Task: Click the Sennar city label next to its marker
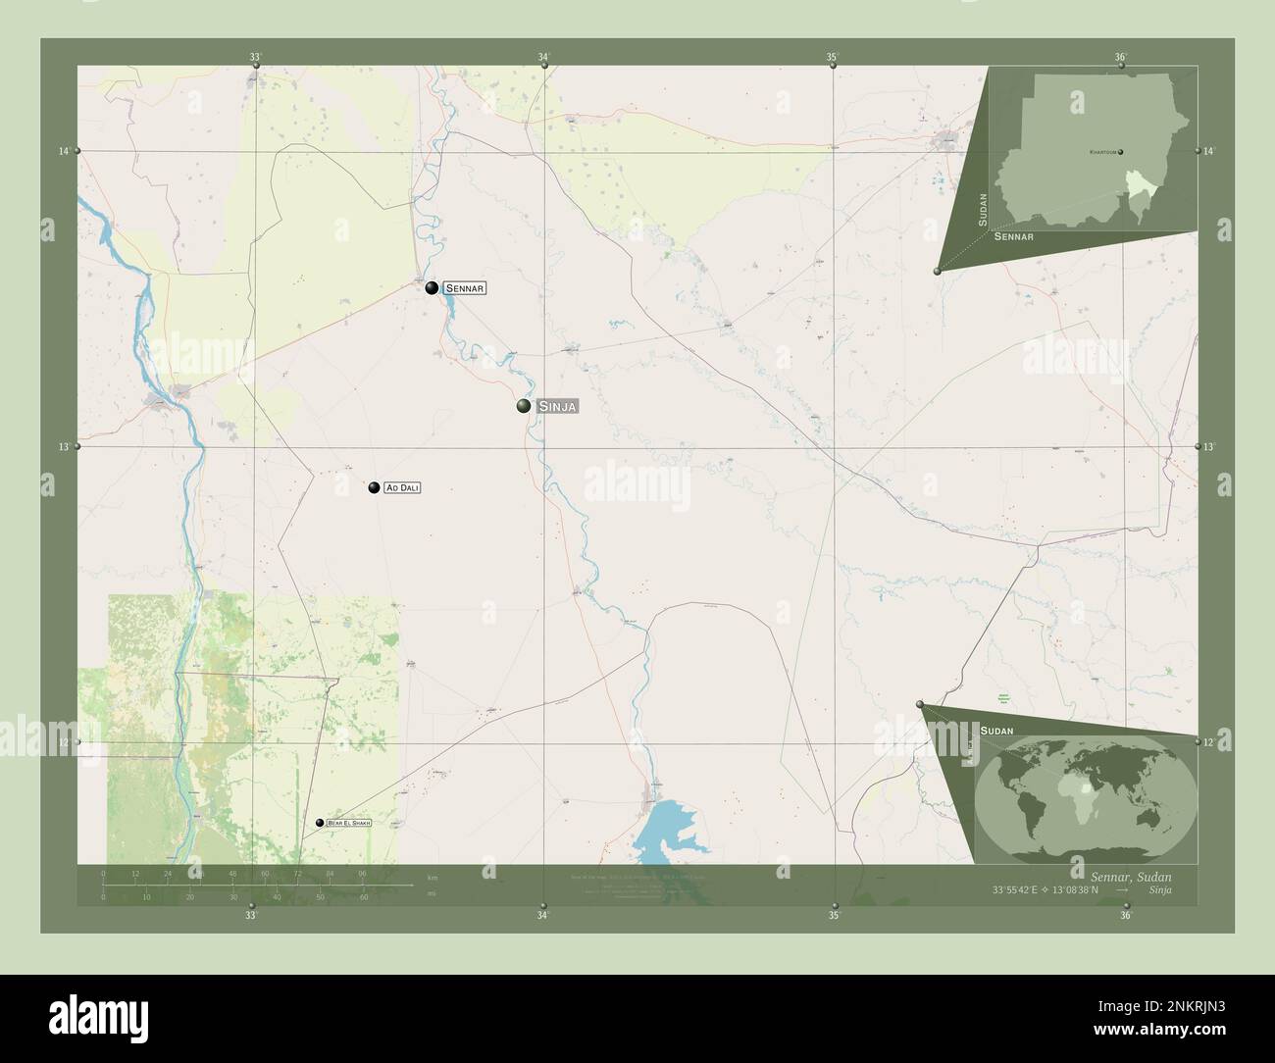(465, 288)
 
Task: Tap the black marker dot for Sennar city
(432, 287)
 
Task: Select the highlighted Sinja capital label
(557, 406)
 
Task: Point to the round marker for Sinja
(525, 406)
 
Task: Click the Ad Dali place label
(402, 487)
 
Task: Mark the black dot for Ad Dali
(374, 487)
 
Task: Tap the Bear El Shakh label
(349, 824)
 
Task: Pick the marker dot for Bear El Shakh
(320, 824)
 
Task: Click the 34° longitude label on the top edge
(542, 57)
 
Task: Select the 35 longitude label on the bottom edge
(833, 916)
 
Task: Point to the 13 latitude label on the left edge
(64, 447)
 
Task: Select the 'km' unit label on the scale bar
(433, 876)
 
